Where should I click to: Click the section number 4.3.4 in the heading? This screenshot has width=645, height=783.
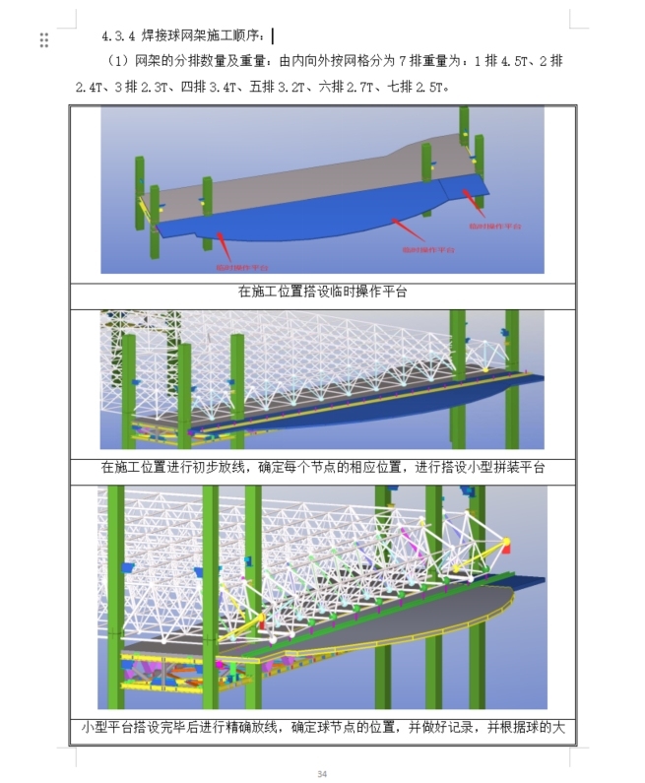120,37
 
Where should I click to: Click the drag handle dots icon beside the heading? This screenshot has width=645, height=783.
44,39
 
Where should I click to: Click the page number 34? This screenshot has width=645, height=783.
322,773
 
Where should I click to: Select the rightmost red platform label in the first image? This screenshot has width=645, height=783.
489,226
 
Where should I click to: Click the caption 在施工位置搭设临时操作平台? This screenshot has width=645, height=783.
322,292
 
